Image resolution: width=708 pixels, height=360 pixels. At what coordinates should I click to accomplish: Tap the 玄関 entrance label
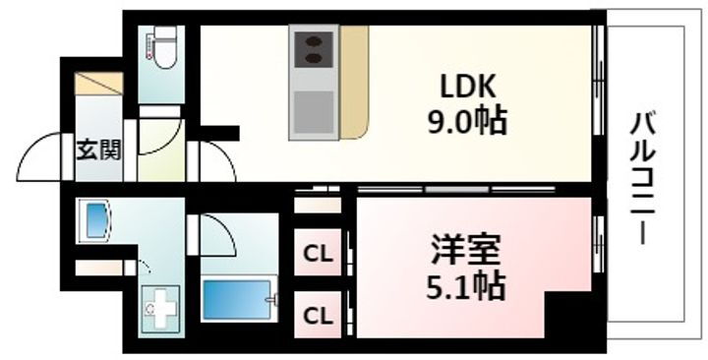click(98, 151)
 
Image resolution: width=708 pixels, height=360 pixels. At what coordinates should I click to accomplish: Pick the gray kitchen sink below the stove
click(314, 109)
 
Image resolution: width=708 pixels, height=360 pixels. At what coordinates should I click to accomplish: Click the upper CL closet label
click(317, 255)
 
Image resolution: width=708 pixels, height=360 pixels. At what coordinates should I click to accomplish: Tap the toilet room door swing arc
click(157, 138)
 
